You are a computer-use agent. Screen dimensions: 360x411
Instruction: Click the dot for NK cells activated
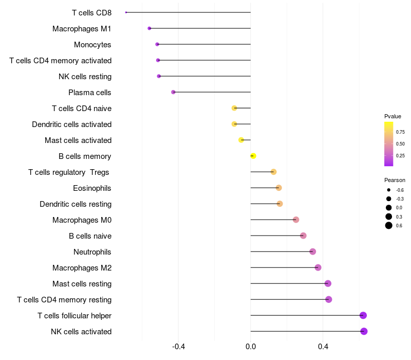(x=364, y=331)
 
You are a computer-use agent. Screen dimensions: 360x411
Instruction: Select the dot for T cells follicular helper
(x=363, y=315)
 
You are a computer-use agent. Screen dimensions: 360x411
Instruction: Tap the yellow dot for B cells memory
(x=253, y=156)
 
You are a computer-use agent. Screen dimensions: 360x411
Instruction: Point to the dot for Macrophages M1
(x=150, y=28)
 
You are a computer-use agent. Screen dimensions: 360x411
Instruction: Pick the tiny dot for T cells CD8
(x=126, y=12)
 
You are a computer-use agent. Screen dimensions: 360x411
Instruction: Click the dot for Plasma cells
(x=173, y=92)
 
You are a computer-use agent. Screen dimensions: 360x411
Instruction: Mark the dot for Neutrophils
(x=312, y=251)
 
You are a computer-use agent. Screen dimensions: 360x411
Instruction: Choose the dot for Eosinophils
(x=278, y=188)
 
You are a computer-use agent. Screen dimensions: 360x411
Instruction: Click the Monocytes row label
(x=92, y=45)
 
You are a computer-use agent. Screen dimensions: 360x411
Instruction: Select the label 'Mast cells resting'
(x=82, y=284)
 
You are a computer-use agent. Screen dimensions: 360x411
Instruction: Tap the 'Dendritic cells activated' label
(x=71, y=124)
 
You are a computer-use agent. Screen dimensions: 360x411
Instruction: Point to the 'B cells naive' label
(x=90, y=236)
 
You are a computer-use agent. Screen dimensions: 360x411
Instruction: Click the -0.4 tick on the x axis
(x=178, y=347)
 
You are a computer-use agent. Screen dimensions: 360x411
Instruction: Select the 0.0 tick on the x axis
(x=251, y=347)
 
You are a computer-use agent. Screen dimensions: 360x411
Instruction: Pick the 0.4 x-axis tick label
(x=323, y=347)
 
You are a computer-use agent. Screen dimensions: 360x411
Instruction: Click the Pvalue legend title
(x=393, y=116)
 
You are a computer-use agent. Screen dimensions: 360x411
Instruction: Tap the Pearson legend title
(x=395, y=180)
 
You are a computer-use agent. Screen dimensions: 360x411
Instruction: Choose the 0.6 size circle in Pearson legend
(x=389, y=225)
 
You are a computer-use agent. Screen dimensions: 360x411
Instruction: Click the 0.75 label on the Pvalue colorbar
(x=400, y=132)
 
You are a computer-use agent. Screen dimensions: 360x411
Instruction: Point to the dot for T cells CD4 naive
(x=234, y=108)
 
